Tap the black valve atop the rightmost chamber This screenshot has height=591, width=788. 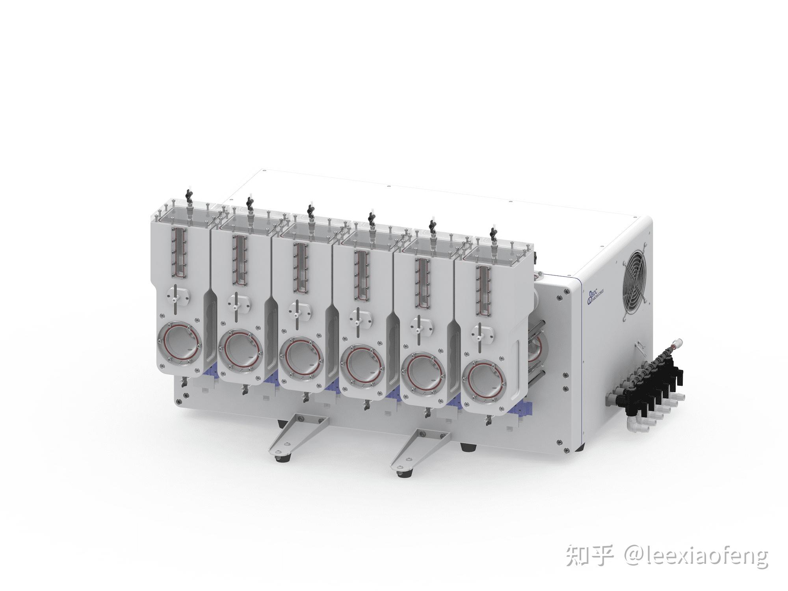[x=492, y=232]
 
